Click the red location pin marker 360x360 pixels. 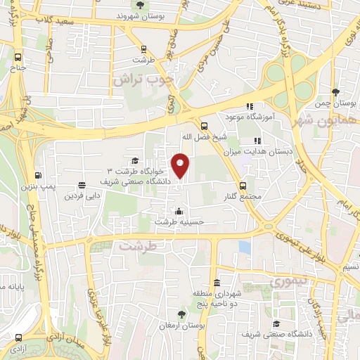[x=181, y=165]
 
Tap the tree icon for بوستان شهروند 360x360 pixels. [x=140, y=5]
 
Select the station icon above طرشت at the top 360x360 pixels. [x=144, y=49]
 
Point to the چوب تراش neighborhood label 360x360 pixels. [x=144, y=80]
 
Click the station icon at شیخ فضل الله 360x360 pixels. [x=204, y=122]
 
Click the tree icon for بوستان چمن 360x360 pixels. [x=335, y=92]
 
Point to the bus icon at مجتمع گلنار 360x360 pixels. [x=243, y=186]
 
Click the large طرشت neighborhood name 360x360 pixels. [x=136, y=247]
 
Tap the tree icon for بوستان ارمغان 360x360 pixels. [x=183, y=314]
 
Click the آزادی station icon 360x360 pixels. [x=18, y=338]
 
